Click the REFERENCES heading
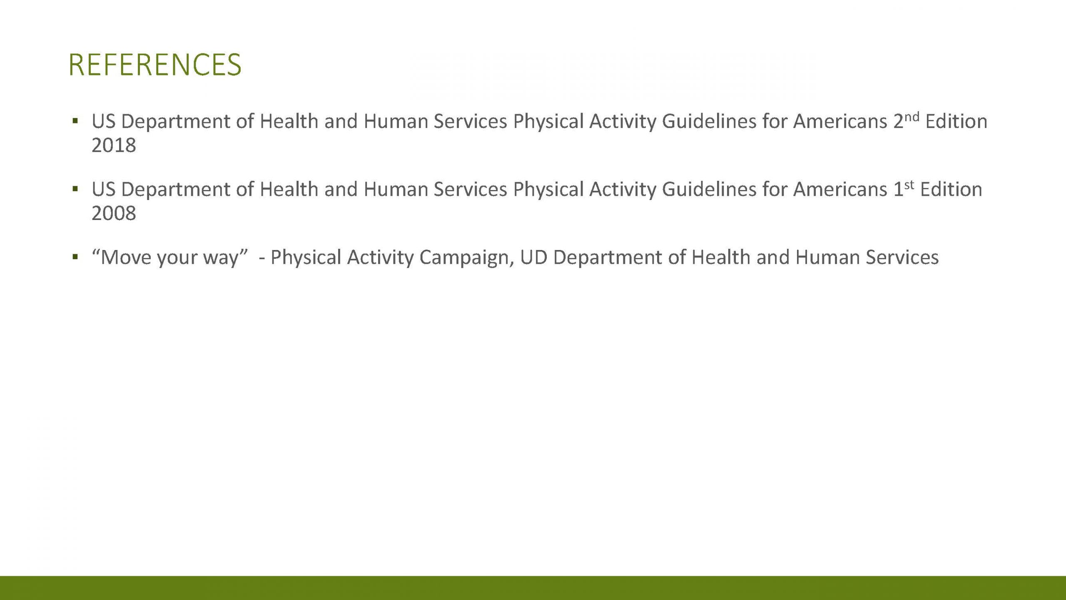(x=155, y=65)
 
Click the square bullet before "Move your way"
(x=75, y=257)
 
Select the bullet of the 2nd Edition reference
(x=75, y=122)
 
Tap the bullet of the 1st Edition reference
(x=75, y=190)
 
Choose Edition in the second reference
(x=951, y=190)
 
